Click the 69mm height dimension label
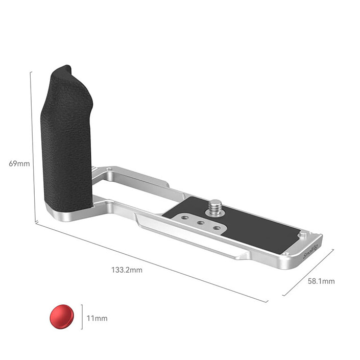[x=19, y=164]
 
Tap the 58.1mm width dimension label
[x=321, y=281]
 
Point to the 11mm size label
[x=97, y=318]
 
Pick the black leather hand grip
[x=66, y=138]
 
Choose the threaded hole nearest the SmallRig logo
[x=217, y=228]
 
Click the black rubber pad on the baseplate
[x=255, y=225]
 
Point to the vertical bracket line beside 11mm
[x=82, y=318]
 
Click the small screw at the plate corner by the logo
[x=287, y=253]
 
